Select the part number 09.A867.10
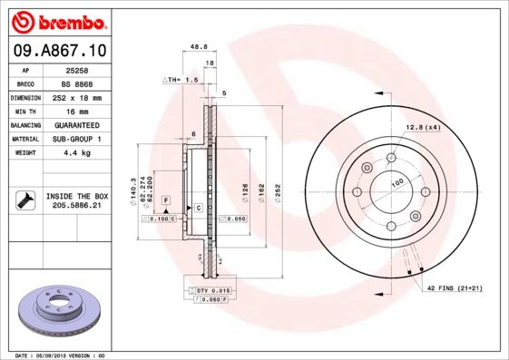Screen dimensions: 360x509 pos(60,50)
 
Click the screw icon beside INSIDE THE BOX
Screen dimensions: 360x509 pos(24,200)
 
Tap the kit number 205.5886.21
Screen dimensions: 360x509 pos(76,206)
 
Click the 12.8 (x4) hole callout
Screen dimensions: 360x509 pos(423,127)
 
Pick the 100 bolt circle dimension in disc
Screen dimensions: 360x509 pos(396,182)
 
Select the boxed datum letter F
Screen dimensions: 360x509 pos(166,199)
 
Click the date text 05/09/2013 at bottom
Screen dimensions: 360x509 pos(61,355)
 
